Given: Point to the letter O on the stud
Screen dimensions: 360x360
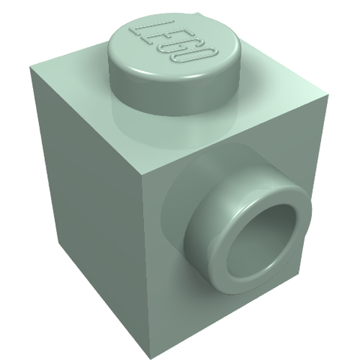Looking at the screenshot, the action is click(197, 56).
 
